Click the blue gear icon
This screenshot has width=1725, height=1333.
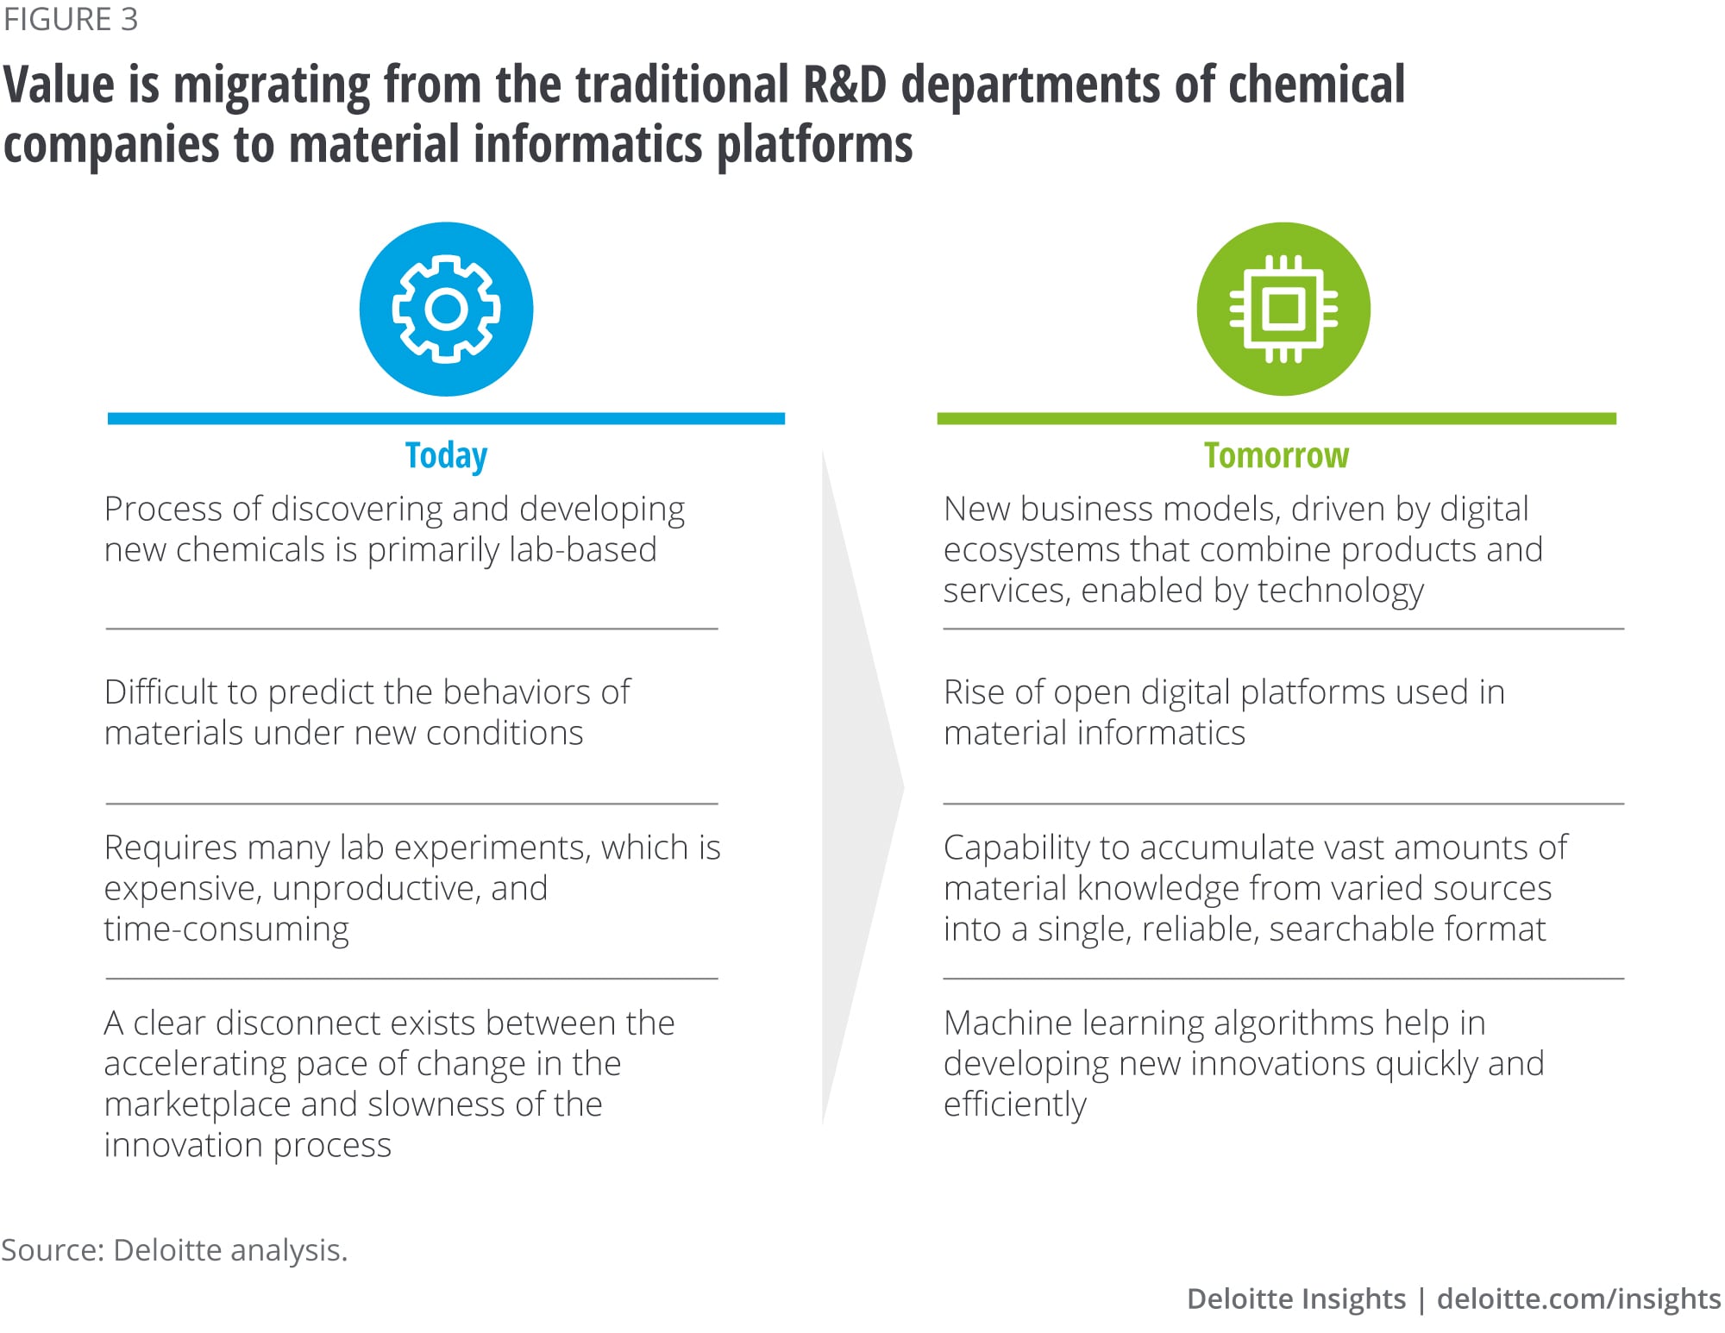(446, 309)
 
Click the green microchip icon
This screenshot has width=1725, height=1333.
(1283, 309)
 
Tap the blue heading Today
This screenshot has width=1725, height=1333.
(446, 455)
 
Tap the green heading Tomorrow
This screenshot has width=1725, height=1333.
(1276, 454)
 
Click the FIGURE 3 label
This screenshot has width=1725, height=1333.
(70, 19)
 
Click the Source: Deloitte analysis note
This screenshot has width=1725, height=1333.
(174, 1249)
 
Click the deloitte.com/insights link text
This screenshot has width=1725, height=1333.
(1578, 1299)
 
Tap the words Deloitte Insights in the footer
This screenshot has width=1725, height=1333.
(1296, 1298)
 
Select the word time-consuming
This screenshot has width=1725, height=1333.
(226, 929)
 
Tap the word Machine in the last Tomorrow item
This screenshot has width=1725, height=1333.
(1007, 1023)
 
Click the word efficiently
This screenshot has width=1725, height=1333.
(1014, 1105)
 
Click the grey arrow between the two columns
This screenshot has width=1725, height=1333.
(862, 786)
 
